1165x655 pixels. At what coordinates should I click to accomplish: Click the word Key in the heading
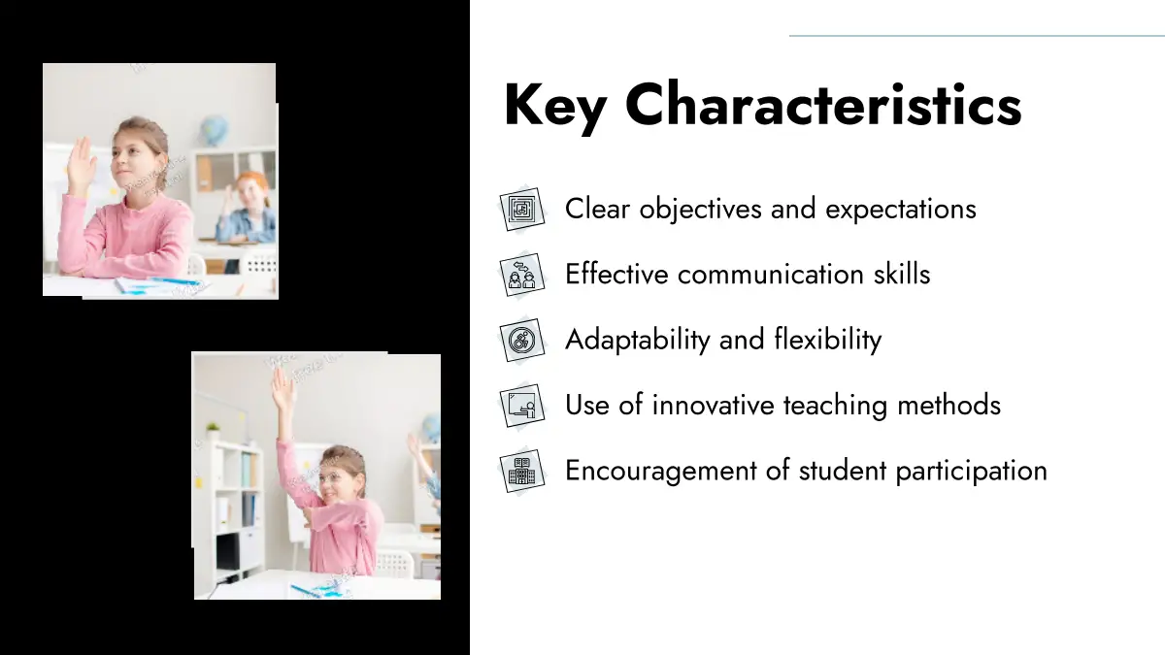[555, 107]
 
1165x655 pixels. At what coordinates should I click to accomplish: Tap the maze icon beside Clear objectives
[522, 209]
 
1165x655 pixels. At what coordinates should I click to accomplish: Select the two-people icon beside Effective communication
[522, 275]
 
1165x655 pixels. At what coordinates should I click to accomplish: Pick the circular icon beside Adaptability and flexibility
[522, 340]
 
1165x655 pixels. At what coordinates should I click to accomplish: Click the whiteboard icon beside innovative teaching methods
[522, 406]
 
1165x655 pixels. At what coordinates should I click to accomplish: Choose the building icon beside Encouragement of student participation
[522, 471]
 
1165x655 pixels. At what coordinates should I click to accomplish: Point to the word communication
[770, 275]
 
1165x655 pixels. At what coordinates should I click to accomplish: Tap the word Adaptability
[638, 341]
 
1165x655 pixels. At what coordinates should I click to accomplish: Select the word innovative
[713, 406]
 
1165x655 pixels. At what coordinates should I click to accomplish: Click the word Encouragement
[660, 472]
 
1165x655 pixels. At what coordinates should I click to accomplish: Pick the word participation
[971, 472]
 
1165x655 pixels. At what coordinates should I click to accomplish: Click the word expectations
[901, 210]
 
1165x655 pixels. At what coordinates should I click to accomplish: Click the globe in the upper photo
[215, 130]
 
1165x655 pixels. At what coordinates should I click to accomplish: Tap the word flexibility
[828, 341]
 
